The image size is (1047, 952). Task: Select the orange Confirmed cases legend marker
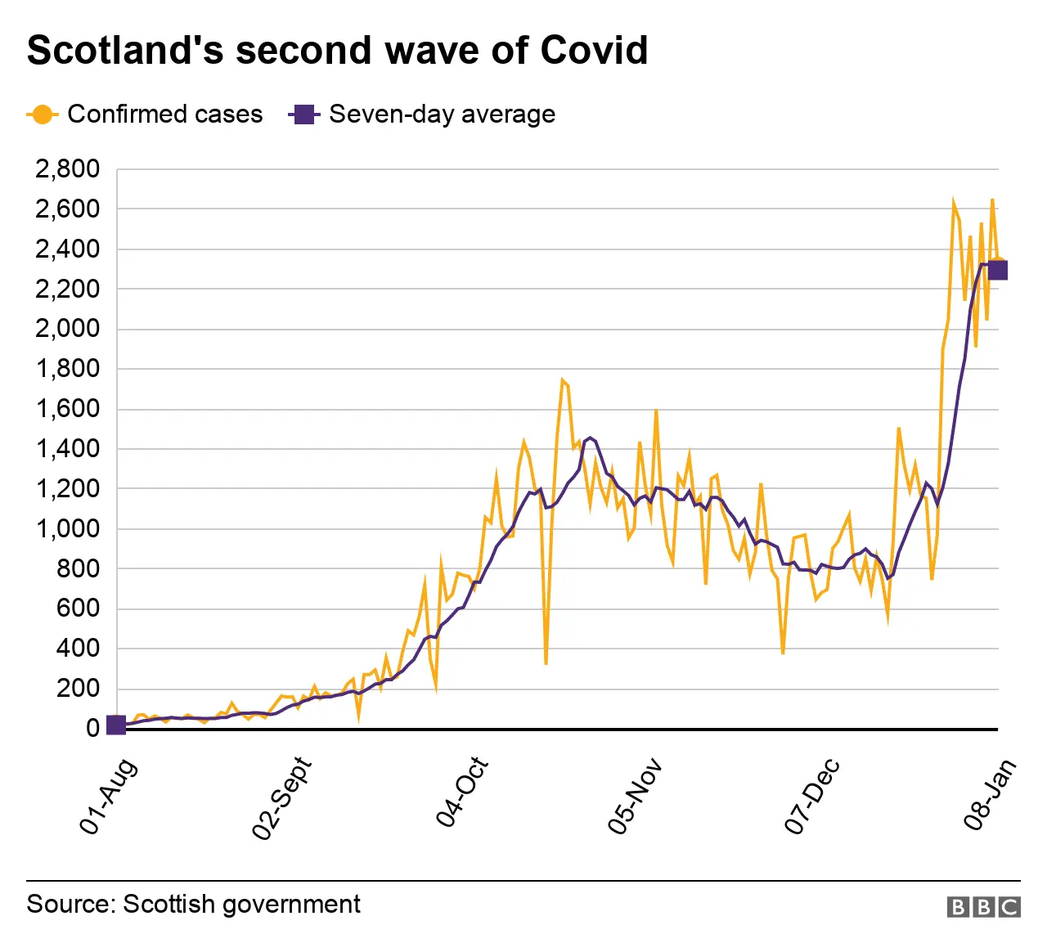tap(42, 115)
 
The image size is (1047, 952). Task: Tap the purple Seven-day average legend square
tap(304, 115)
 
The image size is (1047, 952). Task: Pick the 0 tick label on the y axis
tap(92, 728)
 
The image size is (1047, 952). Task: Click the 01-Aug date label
tap(108, 797)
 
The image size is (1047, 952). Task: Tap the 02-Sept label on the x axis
tap(282, 798)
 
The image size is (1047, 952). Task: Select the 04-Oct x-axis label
tap(462, 793)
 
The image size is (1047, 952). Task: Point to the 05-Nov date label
tap(635, 797)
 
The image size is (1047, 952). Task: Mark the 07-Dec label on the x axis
tap(812, 797)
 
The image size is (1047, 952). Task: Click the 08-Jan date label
tap(991, 794)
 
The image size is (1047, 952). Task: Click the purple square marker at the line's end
tap(997, 270)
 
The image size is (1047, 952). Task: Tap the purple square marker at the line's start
tap(116, 725)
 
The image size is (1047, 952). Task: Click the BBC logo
tap(983, 906)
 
